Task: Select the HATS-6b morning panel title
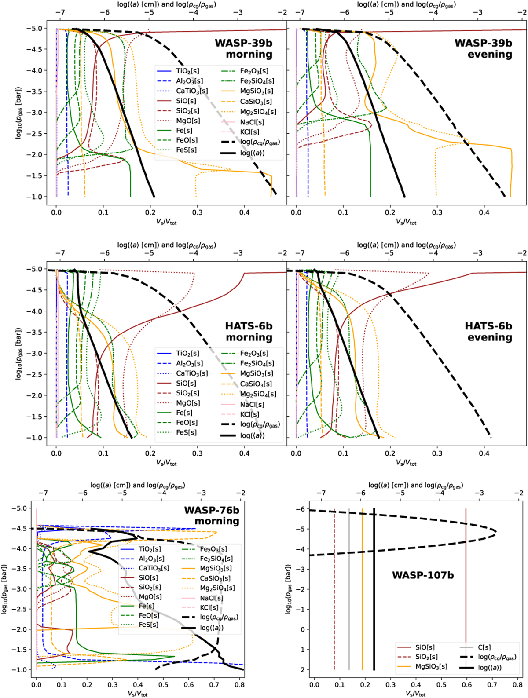click(x=249, y=332)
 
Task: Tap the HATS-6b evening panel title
click(x=489, y=332)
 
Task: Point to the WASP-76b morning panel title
click(x=212, y=515)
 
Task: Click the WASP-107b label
click(x=423, y=575)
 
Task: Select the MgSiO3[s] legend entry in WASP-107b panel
click(x=431, y=666)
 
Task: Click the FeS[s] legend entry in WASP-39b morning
click(x=186, y=150)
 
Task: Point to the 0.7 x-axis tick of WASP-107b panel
click(x=492, y=685)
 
